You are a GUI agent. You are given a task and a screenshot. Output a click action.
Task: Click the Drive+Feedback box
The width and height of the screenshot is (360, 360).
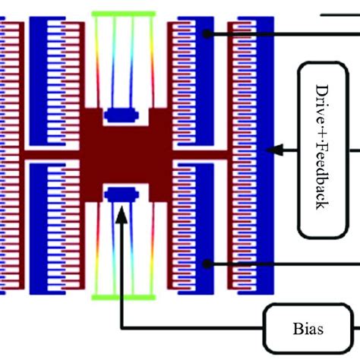[326, 149]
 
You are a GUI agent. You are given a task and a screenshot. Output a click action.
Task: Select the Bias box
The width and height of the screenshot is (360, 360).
[307, 329]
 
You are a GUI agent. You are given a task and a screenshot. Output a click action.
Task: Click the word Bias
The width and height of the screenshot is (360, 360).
[307, 330]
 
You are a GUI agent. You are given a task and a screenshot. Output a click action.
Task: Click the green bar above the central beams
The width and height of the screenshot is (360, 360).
[122, 14]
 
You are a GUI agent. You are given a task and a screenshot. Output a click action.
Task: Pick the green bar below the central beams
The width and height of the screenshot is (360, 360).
[122, 296]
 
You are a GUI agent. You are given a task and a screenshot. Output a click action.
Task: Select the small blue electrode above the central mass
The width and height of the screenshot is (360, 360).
[122, 115]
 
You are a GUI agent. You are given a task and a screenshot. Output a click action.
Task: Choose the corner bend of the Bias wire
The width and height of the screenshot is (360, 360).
[122, 330]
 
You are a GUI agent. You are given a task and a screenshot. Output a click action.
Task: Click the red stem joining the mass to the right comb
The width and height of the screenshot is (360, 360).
[205, 154]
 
